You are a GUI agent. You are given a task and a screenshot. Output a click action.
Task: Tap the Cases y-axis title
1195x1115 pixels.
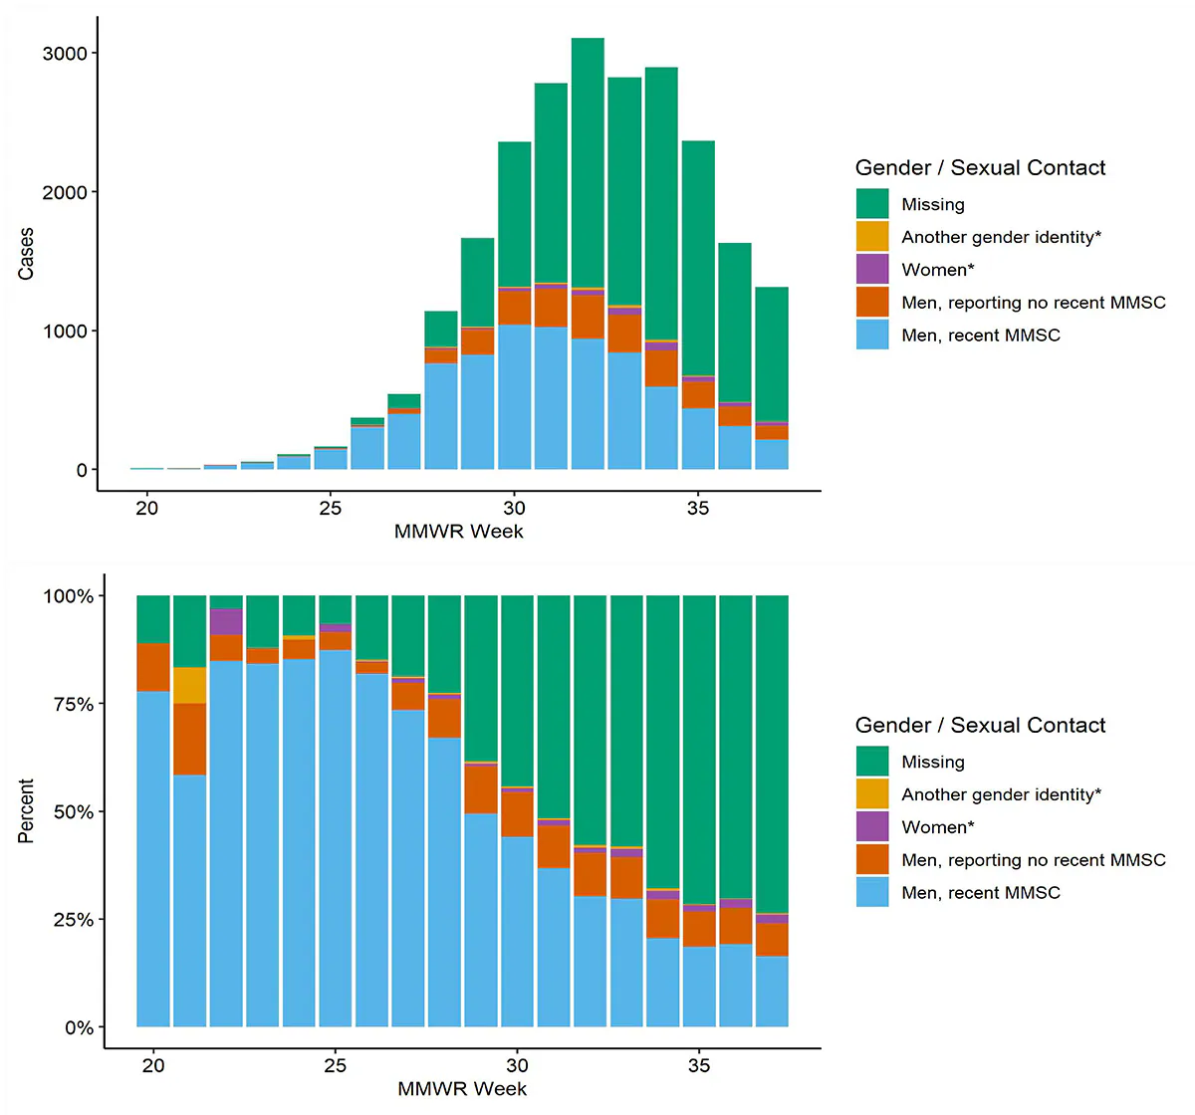[x=26, y=253]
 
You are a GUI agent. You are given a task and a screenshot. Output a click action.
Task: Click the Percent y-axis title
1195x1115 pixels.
[x=26, y=810]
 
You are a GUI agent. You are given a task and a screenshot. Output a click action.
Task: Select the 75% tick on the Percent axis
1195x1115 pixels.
[x=73, y=704]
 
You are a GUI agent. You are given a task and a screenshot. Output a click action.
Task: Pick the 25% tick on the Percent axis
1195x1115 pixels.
[x=73, y=920]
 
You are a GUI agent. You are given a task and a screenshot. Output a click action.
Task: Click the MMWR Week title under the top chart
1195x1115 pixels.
[x=458, y=532]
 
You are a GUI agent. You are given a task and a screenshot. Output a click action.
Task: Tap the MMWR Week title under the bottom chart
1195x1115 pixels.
[x=462, y=1089]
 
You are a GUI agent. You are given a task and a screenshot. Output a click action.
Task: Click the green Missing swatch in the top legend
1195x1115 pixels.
[x=872, y=204]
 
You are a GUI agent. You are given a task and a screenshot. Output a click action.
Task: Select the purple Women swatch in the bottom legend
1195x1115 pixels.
[x=872, y=826]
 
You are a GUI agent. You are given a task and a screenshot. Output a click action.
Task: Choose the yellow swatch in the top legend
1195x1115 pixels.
[x=872, y=237]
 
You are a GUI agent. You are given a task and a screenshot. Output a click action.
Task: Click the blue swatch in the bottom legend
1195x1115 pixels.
[x=872, y=892]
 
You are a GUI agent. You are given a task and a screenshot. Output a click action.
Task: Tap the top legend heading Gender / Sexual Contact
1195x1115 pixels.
[x=980, y=167]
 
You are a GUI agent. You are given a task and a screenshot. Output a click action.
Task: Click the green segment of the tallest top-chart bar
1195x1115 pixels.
[x=588, y=159]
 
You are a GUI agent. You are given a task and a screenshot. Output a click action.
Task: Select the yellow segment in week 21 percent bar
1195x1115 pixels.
[x=189, y=685]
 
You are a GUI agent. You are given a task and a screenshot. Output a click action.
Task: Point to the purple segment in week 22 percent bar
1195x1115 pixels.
[x=226, y=621]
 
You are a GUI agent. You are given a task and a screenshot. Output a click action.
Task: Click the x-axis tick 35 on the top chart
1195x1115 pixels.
[x=697, y=509]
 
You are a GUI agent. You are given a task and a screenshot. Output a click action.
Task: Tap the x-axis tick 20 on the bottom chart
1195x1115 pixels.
[x=153, y=1066]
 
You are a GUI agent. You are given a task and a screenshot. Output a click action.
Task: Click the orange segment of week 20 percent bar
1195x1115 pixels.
[x=153, y=667]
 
